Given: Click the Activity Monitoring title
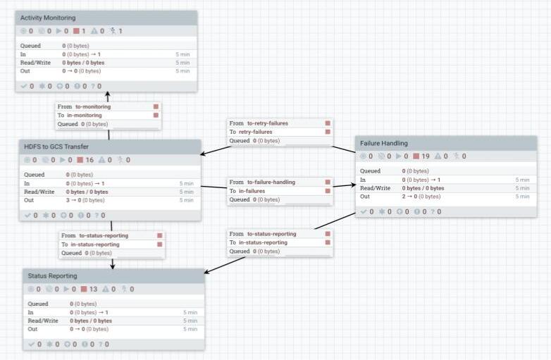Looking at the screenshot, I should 48,18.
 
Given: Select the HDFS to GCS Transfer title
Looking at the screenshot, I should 56,146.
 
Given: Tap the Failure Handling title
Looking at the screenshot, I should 383,143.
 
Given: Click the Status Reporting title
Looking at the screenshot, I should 53,275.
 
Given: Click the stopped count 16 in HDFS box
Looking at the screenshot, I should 89,160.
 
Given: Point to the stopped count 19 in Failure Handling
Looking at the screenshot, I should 425,156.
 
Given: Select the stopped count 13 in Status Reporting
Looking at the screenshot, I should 93,289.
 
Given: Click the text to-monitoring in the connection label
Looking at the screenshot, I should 93,106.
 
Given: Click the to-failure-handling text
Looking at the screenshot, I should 271,182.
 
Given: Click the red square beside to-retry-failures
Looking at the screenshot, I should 328,123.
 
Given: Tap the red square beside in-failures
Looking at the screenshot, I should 328,190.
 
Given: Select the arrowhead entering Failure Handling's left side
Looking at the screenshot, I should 352,185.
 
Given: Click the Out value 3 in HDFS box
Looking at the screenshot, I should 68,200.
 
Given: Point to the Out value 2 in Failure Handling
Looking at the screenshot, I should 404,197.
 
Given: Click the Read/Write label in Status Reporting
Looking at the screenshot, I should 43,321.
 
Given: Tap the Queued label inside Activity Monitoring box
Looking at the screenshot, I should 30,46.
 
